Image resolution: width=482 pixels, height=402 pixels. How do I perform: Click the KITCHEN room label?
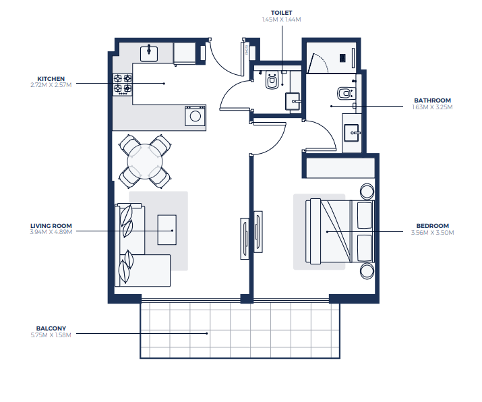click(x=51, y=79)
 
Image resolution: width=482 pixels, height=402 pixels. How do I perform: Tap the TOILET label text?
click(x=281, y=13)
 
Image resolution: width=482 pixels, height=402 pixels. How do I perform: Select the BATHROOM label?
click(x=432, y=100)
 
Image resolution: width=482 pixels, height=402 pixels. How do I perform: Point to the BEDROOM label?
click(x=432, y=226)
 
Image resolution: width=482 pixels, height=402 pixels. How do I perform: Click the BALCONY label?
click(x=51, y=328)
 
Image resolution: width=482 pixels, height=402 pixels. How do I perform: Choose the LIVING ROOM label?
click(x=51, y=226)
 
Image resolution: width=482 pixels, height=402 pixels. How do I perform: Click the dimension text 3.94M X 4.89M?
click(x=51, y=232)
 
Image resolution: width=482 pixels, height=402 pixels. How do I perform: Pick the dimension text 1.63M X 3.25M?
click(x=432, y=107)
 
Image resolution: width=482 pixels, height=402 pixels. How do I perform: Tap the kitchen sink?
click(x=149, y=53)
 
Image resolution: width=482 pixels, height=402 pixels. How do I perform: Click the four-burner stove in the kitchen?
click(x=123, y=84)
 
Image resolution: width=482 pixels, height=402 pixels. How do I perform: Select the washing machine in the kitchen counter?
click(x=195, y=115)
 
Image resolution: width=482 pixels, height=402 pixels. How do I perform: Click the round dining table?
click(x=145, y=161)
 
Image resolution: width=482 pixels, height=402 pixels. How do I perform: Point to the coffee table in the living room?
click(x=167, y=230)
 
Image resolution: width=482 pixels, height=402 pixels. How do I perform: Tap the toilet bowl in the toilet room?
click(x=272, y=80)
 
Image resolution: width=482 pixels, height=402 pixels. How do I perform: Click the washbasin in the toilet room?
click(x=293, y=101)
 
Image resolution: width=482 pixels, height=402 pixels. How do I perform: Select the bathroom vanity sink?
click(x=352, y=133)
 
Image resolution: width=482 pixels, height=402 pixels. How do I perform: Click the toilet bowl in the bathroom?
click(x=347, y=93)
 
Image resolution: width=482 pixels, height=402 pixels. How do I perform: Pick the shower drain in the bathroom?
click(x=342, y=58)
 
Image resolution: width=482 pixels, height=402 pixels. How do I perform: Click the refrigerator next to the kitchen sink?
click(x=185, y=53)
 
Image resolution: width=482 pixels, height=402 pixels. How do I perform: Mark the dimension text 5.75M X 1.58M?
click(x=51, y=335)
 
